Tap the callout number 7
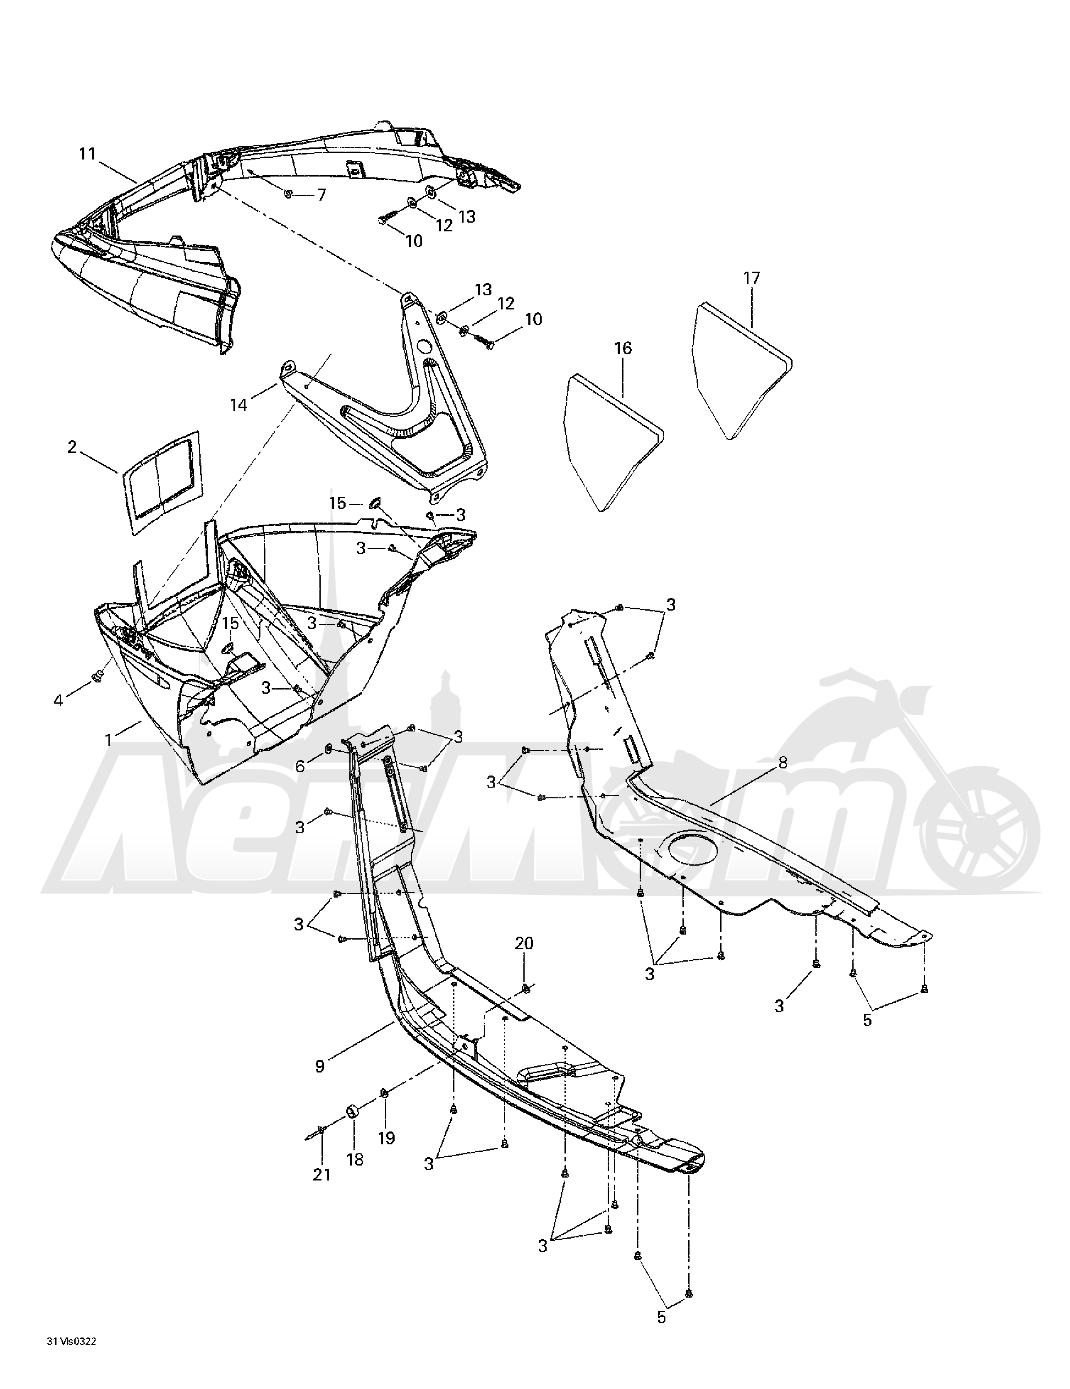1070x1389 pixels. point(321,195)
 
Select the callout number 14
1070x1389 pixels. point(238,405)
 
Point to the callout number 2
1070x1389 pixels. point(72,447)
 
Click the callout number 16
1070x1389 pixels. point(623,348)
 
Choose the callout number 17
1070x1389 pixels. point(751,278)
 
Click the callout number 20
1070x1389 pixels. point(523,943)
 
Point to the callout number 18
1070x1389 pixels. point(355,1159)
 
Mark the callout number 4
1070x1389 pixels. point(59,700)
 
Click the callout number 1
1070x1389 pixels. point(108,740)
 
